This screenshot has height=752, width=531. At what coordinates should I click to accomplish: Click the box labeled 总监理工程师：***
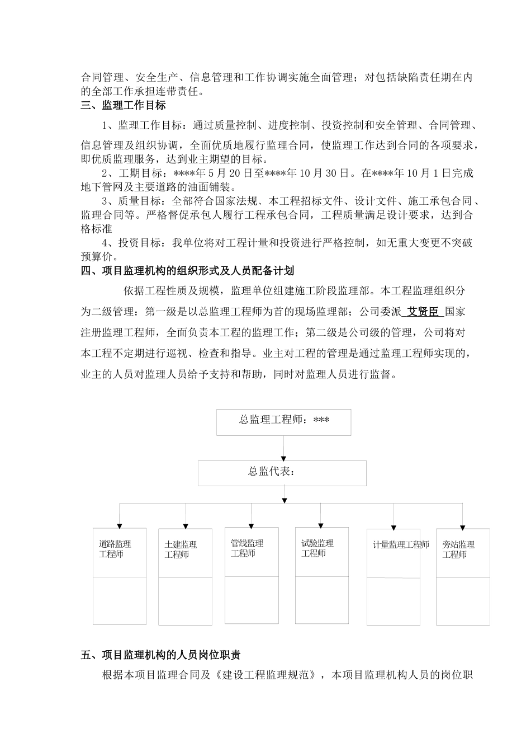[x=283, y=422]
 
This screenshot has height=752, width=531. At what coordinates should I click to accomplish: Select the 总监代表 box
[x=282, y=473]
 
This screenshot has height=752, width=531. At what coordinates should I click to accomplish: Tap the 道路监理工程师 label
[x=115, y=549]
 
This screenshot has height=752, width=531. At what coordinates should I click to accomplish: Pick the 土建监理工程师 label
[x=181, y=549]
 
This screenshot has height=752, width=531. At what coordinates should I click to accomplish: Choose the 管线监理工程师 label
[x=246, y=548]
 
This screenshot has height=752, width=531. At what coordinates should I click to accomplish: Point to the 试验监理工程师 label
[x=317, y=548]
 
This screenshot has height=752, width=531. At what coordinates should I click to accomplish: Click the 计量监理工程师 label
[x=401, y=545]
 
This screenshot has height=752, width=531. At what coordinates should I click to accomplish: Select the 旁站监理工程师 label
[x=458, y=549]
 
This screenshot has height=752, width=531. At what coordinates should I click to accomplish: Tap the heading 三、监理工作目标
[x=123, y=105]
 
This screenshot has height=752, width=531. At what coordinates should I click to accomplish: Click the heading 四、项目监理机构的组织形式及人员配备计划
[x=187, y=271]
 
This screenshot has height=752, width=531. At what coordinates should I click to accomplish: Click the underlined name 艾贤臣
[x=423, y=312]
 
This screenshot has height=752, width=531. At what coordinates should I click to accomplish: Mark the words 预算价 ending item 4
[x=97, y=257]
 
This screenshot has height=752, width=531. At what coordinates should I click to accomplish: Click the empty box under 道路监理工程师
[x=119, y=600]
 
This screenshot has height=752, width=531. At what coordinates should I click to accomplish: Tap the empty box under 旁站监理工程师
[x=463, y=601]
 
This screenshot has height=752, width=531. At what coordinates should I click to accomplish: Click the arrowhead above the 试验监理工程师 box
[x=320, y=524]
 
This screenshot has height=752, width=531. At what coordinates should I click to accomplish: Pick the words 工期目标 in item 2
[x=138, y=173]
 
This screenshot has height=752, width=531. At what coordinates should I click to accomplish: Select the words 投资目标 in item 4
[x=138, y=243]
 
